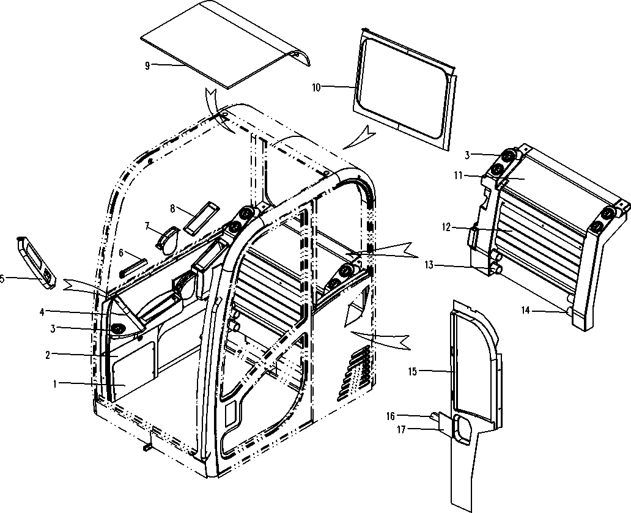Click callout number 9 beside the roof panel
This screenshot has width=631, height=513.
pyautogui.click(x=147, y=65)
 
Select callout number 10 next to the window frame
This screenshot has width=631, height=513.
pyautogui.click(x=317, y=87)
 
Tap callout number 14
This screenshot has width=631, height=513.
pyautogui.click(x=526, y=310)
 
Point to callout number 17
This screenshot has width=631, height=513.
pyautogui.click(x=401, y=430)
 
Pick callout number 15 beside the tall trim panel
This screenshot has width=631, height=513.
pyautogui.click(x=413, y=371)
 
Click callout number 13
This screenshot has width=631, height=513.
pyautogui.click(x=429, y=265)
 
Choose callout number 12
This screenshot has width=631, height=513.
pyautogui.click(x=446, y=227)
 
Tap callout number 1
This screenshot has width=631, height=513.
pyautogui.click(x=55, y=384)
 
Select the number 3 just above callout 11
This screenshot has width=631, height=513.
pyautogui.click(x=467, y=155)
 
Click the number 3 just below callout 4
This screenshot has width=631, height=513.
pyautogui.click(x=53, y=329)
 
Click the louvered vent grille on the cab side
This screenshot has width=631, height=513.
pyautogui.click(x=354, y=373)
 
